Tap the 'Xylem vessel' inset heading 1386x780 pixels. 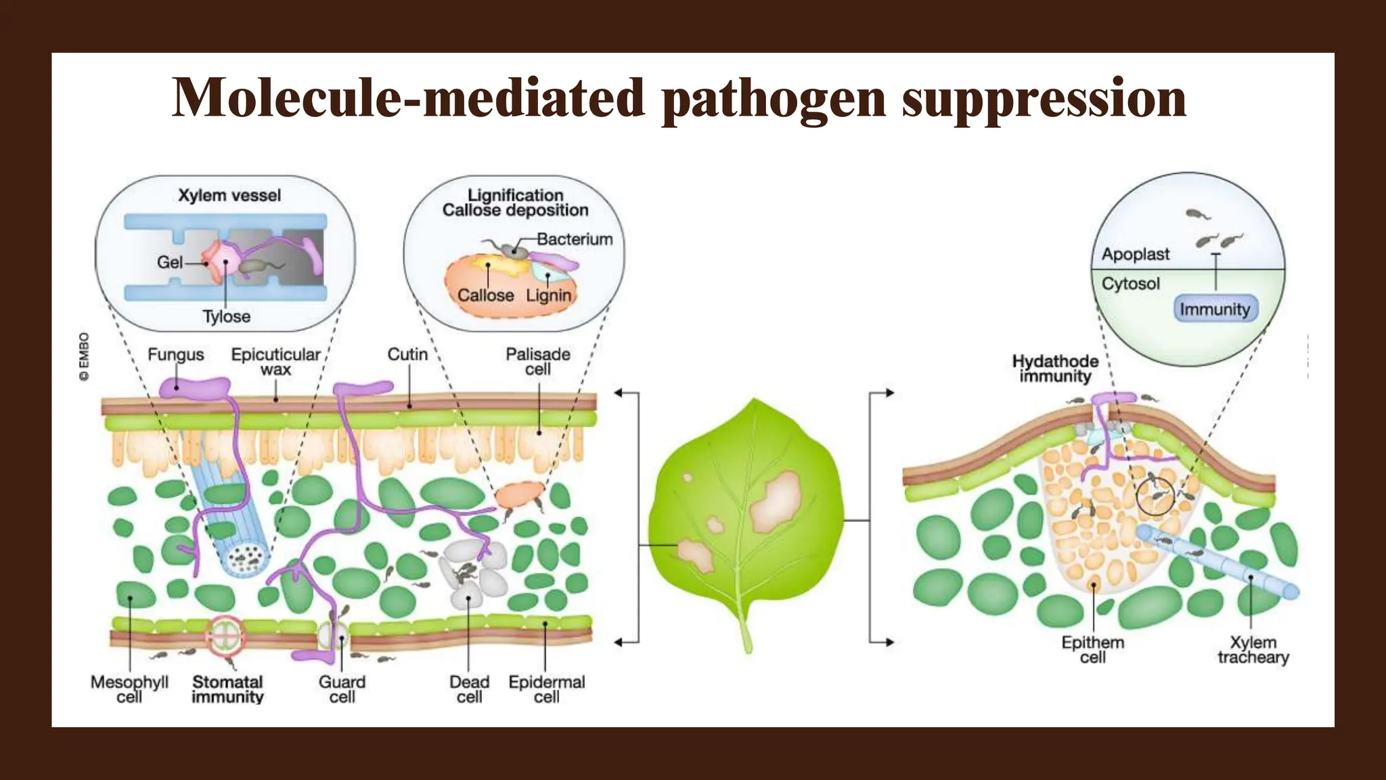pos(229,196)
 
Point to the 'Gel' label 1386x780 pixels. pos(169,262)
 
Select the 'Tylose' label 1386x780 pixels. pos(226,316)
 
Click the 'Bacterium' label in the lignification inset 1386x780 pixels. pos(575,239)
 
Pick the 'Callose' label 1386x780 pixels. pos(485,295)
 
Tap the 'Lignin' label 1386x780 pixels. pos(548,295)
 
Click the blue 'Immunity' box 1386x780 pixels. pos(1215,309)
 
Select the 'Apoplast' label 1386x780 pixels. pos(1135,255)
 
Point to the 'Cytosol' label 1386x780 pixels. pos(1130,284)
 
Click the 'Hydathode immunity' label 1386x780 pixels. pos(1055,369)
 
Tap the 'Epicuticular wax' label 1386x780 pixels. pos(275,362)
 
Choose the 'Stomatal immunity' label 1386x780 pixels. pos(227,689)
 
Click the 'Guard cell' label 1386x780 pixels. pos(342,689)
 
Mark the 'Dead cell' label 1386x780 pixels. pos(469,689)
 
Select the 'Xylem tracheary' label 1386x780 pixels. pos(1253,650)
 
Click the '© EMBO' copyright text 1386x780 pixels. pos(85,356)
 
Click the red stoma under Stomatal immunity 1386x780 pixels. pos(224,636)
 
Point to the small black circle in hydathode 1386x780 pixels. pos(1155,496)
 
